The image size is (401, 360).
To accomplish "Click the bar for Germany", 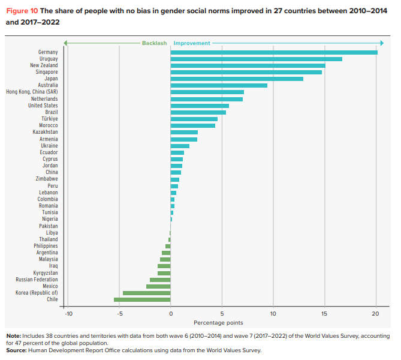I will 274,52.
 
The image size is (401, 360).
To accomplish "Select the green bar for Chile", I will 142,299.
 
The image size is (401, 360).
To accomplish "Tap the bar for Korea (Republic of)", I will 147,293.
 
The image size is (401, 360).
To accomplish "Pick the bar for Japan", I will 237,79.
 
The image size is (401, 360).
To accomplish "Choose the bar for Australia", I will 219,85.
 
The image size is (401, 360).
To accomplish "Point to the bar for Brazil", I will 198,112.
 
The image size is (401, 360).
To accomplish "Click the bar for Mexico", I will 158,286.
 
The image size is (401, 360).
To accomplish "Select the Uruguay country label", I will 49,59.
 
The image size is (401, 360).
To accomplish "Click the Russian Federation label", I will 37,280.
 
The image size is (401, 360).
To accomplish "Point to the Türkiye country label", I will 50,119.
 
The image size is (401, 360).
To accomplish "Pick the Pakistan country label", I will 49,226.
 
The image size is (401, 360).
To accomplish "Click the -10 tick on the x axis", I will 68,313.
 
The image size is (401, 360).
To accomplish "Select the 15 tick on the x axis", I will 324,313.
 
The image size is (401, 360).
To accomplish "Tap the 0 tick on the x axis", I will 171,313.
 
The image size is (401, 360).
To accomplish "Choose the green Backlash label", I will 155,43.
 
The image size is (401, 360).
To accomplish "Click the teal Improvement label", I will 192,43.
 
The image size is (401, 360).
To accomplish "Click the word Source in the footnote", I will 16,350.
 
